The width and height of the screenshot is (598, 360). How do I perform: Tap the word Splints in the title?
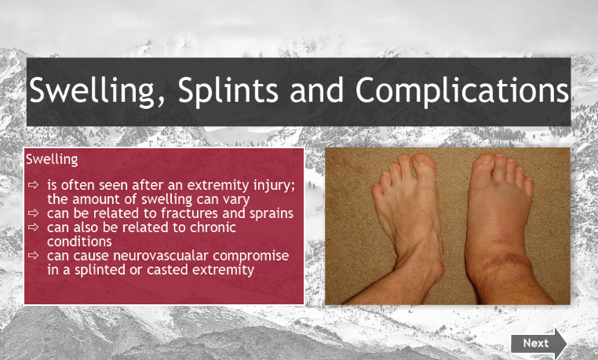point(228,90)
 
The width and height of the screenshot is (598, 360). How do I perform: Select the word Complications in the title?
point(462,90)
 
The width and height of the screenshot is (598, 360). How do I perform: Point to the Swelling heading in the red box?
point(52,159)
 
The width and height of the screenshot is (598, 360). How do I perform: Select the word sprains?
point(272,214)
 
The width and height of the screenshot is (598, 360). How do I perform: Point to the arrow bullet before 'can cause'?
point(34,255)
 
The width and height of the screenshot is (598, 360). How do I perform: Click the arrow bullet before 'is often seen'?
point(34,185)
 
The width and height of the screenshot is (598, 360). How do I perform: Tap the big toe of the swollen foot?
point(483,163)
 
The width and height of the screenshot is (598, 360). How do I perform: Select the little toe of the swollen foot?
point(529,185)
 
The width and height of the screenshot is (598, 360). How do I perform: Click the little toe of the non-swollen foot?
point(377,188)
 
